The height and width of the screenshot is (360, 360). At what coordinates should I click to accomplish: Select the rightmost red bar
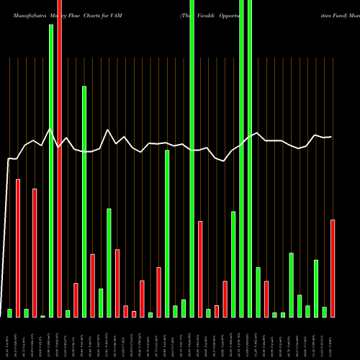point(333,268)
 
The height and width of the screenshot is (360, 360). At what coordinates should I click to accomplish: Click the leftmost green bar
point(9,312)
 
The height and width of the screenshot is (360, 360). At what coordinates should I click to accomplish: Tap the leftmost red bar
point(18,248)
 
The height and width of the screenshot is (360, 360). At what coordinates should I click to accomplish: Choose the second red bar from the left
point(35,252)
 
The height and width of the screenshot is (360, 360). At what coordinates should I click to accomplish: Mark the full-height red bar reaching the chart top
point(60,158)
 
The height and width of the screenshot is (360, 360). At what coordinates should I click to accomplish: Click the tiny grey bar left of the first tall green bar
point(43,316)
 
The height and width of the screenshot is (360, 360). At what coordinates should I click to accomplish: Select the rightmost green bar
point(324,312)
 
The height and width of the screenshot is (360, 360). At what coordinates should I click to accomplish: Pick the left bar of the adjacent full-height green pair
point(242,158)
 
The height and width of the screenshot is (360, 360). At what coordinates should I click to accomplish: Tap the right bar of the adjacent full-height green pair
point(250,158)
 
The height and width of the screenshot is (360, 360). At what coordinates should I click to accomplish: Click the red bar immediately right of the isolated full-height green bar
point(200,269)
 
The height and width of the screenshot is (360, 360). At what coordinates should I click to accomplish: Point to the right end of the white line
point(331,137)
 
